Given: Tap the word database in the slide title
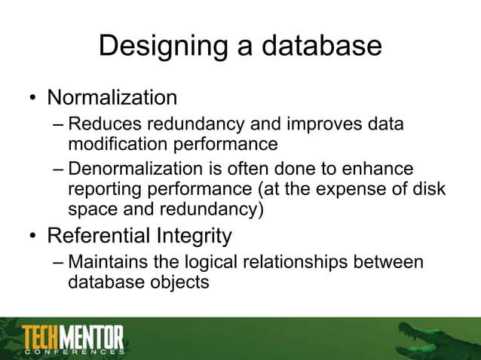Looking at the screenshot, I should click(322, 47).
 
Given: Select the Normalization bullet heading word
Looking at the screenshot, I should click(112, 98).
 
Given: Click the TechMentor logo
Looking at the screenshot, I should click(73, 336).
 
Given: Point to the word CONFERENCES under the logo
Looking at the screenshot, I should click(73, 351).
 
